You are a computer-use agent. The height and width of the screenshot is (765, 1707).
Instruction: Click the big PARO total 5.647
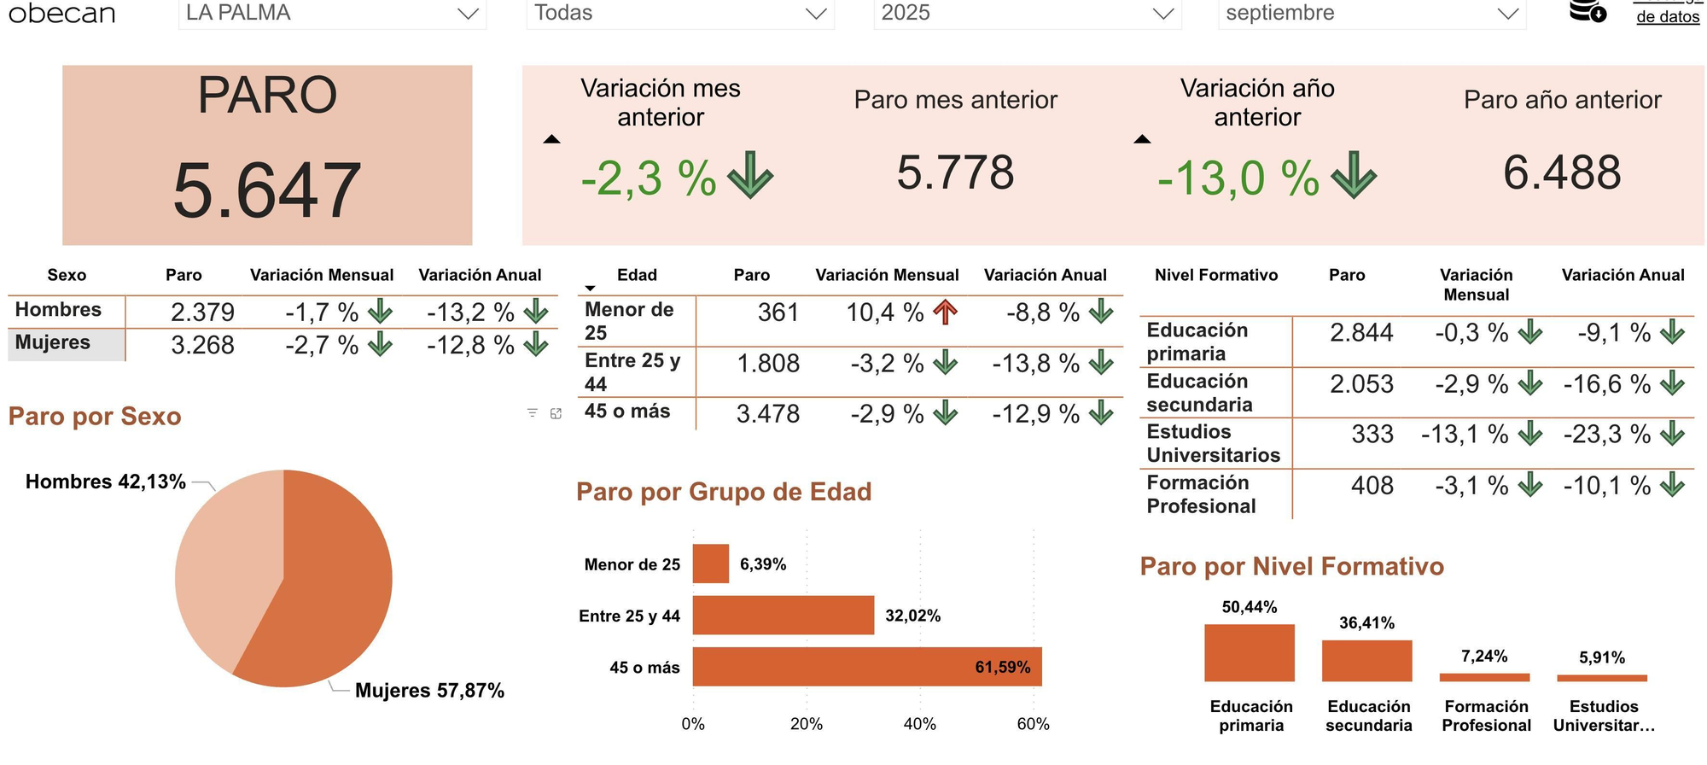click(x=266, y=190)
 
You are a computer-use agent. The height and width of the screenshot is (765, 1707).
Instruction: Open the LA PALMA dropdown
click(x=332, y=14)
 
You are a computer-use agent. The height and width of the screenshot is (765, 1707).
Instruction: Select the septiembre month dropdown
click(x=1371, y=14)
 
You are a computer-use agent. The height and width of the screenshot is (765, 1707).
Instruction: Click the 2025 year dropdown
click(x=1027, y=14)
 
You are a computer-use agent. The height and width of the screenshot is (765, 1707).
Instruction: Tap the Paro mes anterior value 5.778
click(x=955, y=172)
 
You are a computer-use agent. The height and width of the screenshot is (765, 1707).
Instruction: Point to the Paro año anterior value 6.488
click(x=1562, y=172)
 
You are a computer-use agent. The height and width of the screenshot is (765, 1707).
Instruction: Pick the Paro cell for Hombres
click(x=202, y=312)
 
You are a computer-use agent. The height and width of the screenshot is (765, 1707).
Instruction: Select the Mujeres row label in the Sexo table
click(x=53, y=342)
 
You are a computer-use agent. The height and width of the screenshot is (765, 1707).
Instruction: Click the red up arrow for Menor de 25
click(x=945, y=312)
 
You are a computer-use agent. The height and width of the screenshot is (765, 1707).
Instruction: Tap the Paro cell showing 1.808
click(x=768, y=364)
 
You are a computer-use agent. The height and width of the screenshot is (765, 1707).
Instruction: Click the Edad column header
click(x=637, y=275)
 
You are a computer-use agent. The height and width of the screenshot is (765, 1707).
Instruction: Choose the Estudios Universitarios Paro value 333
click(x=1372, y=435)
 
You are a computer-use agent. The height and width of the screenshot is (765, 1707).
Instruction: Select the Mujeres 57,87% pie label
click(x=429, y=691)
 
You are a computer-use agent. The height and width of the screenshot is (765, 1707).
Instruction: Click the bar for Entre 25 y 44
click(x=783, y=616)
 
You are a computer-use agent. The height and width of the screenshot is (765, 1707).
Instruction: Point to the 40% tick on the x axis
click(x=919, y=725)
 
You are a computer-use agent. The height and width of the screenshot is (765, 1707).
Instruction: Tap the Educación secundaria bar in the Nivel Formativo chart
click(x=1366, y=661)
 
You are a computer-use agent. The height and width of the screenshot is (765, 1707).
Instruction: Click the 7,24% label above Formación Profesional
click(x=1483, y=657)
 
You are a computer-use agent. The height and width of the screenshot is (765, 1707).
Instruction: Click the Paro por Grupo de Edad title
click(x=724, y=492)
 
